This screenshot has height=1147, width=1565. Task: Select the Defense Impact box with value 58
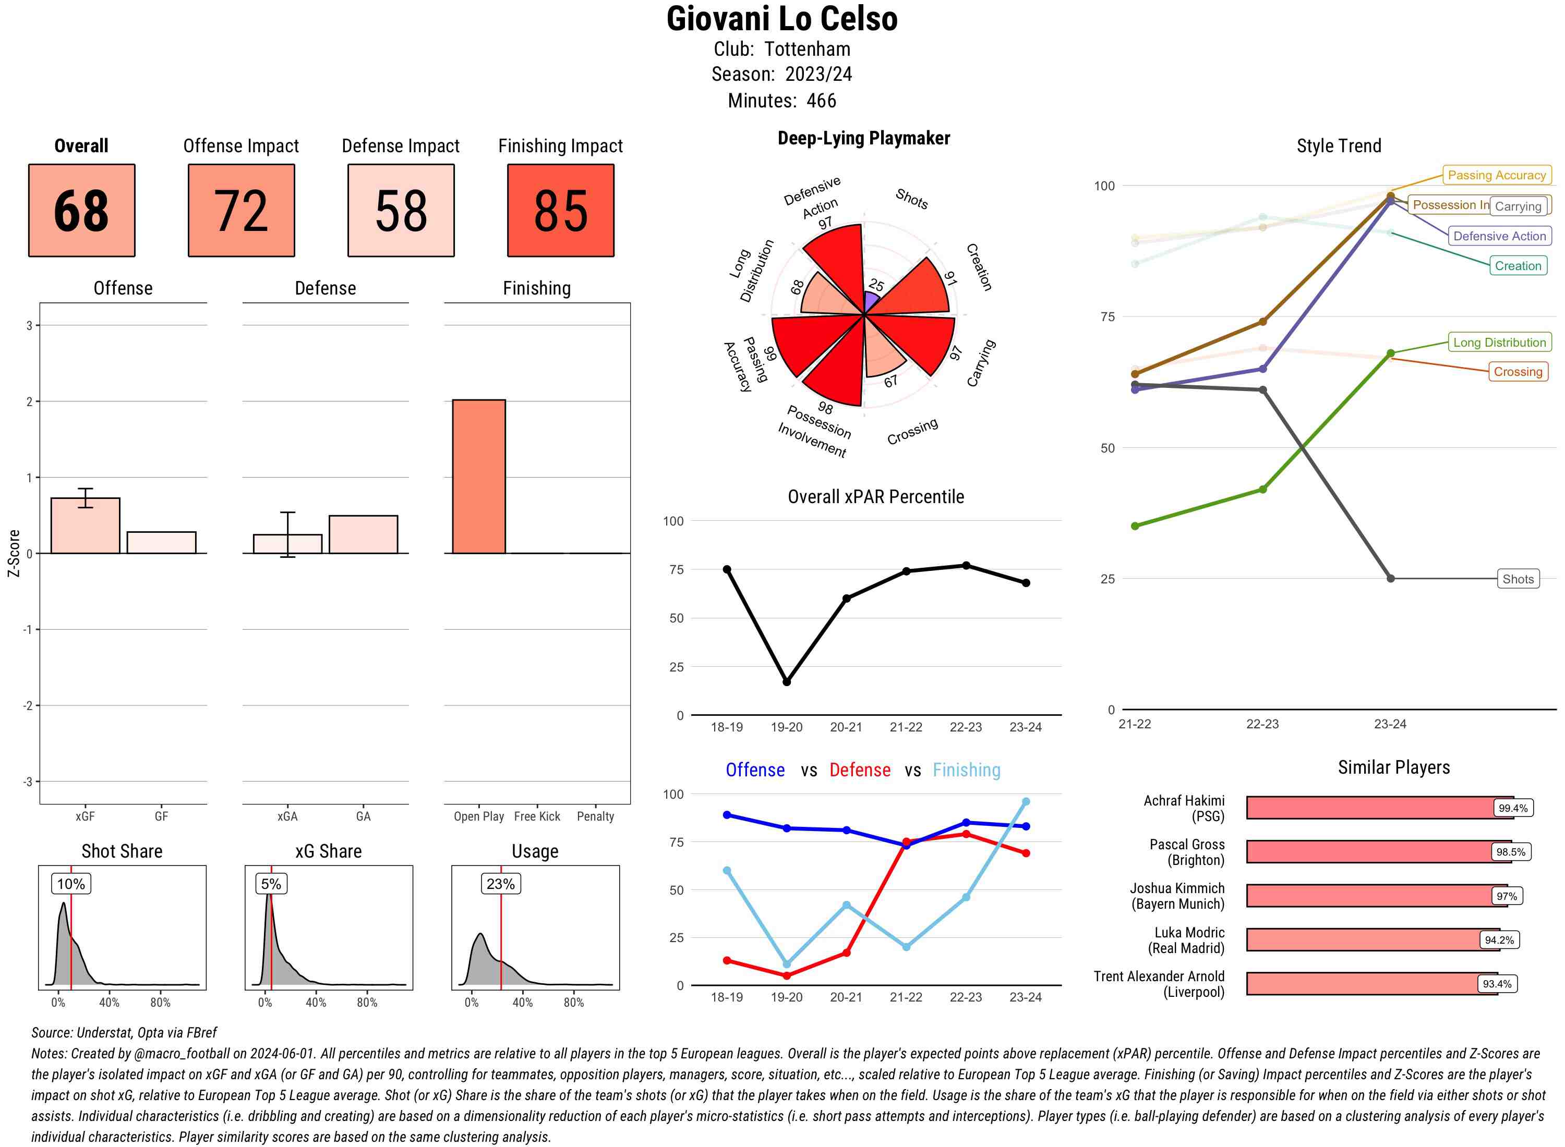point(401,211)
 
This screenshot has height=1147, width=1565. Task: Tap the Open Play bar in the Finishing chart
point(478,477)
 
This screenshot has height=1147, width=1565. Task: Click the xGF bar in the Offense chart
point(86,526)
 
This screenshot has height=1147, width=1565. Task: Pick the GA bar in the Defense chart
point(363,534)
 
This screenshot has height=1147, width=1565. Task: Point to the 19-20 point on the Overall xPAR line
point(786,682)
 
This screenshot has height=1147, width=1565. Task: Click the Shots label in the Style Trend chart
point(1517,579)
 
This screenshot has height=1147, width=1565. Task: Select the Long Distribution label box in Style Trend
point(1499,343)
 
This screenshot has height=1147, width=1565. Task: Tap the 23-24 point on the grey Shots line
point(1390,578)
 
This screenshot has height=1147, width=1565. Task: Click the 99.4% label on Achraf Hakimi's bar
point(1512,808)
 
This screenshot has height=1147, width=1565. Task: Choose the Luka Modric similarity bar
point(1372,940)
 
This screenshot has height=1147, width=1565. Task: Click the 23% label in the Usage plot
point(500,884)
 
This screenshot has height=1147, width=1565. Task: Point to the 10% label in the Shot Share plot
point(71,884)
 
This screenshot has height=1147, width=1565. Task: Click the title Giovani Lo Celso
point(781,19)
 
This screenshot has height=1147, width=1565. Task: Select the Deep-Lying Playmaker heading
point(863,138)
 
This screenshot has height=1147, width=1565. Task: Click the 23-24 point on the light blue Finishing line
point(1025,802)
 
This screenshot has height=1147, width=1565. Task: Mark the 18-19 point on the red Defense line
point(727,960)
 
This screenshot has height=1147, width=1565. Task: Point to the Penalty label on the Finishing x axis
point(595,816)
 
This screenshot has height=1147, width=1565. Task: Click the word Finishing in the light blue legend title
point(966,770)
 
